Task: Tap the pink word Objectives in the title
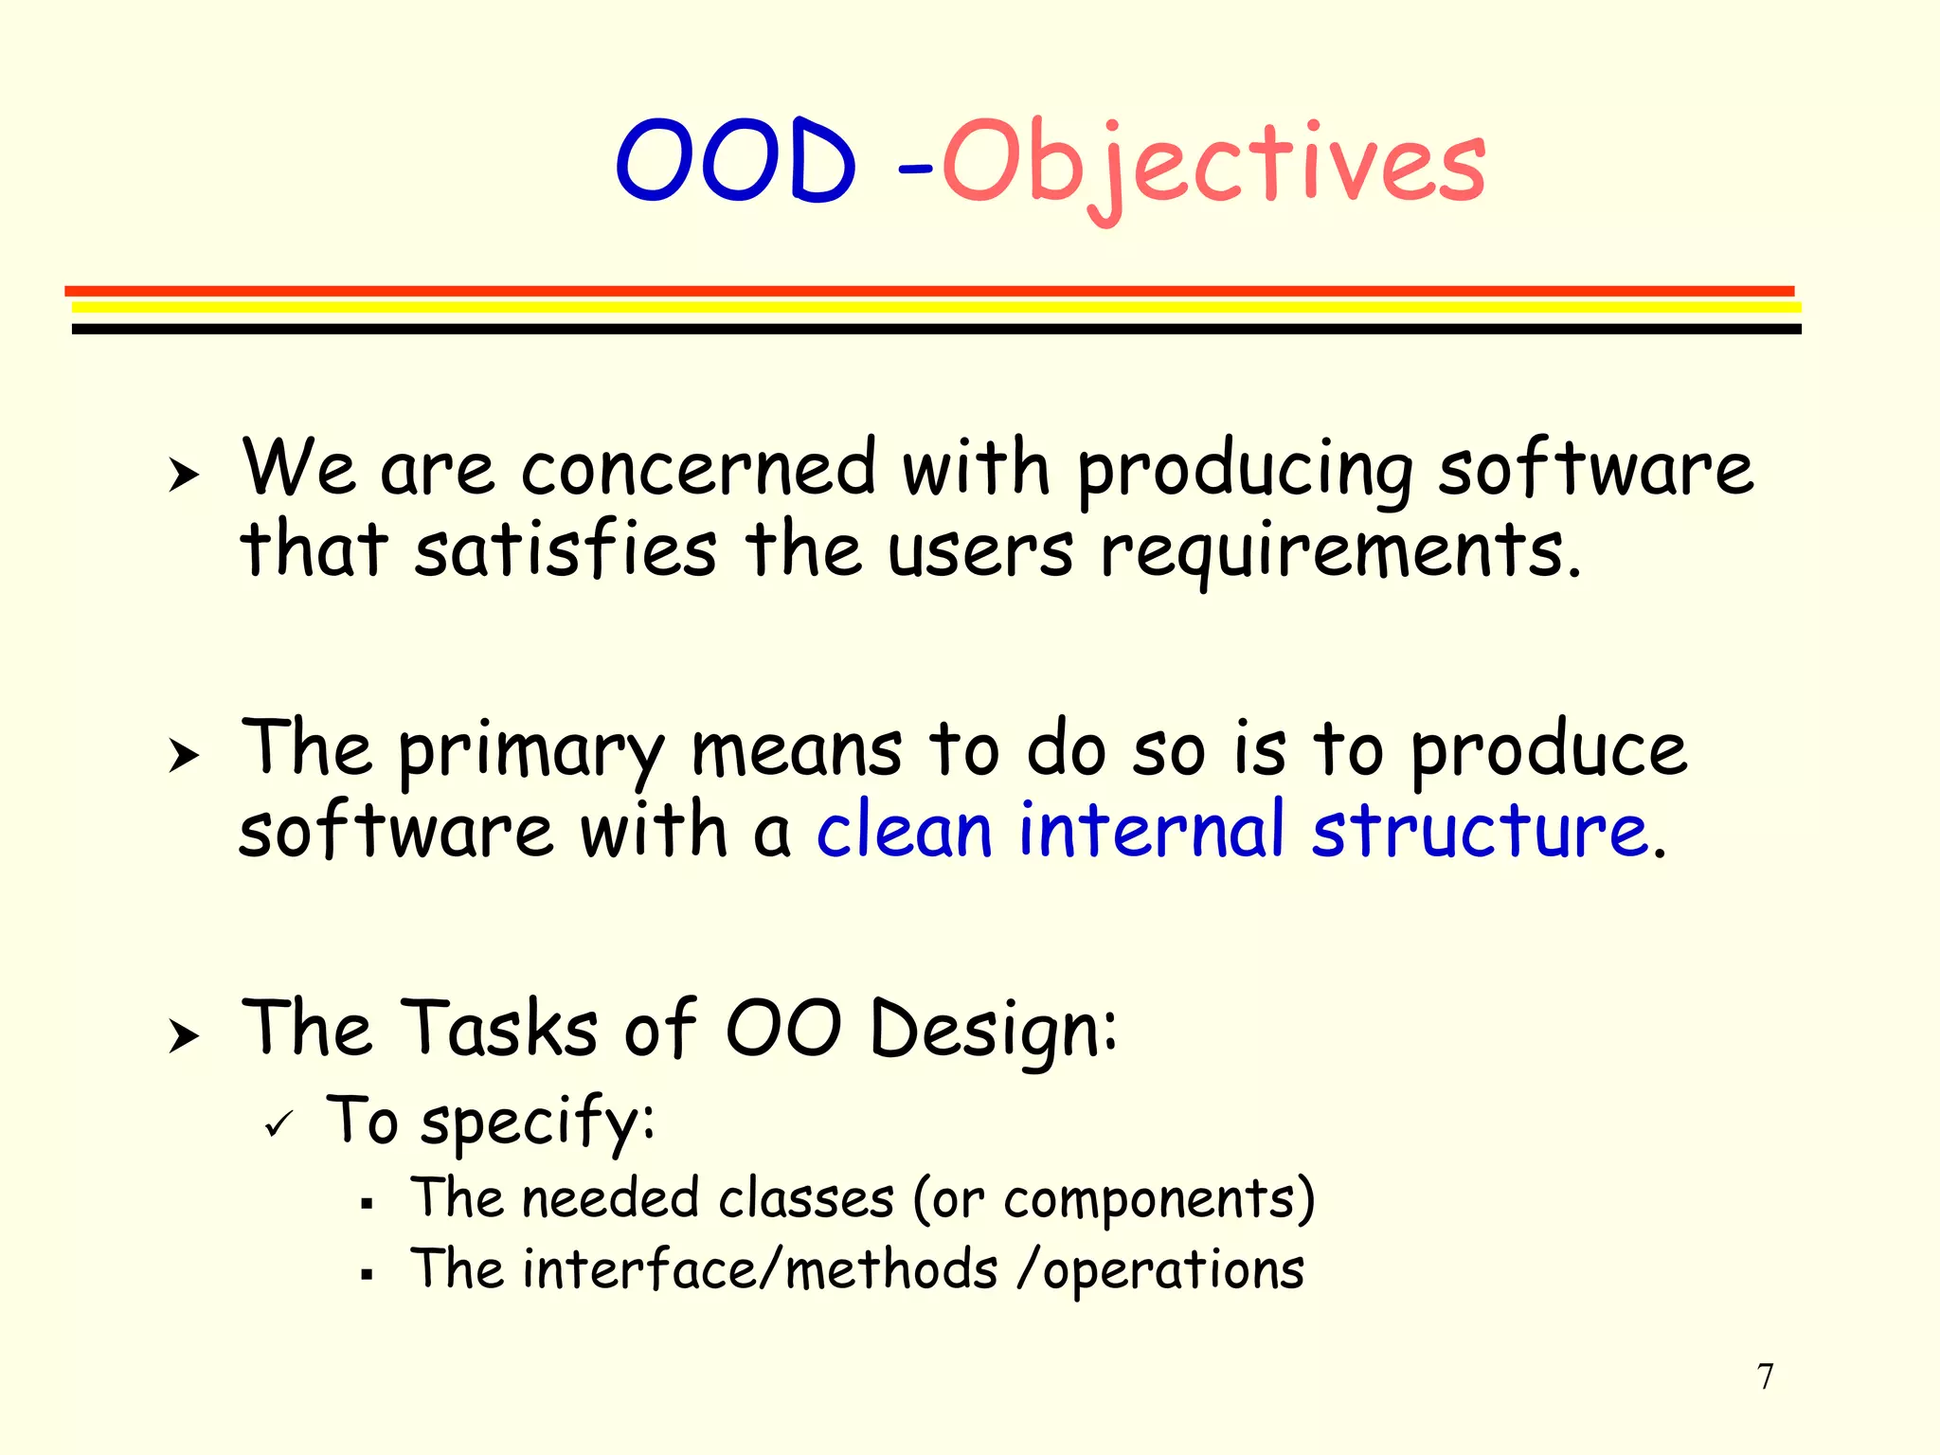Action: point(1212,163)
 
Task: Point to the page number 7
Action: point(1765,1376)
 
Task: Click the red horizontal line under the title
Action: point(928,291)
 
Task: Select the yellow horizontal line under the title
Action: point(936,307)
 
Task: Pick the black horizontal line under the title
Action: point(936,329)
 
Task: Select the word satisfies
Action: point(566,550)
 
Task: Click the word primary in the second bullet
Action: point(530,751)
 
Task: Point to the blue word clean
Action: point(904,831)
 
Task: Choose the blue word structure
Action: point(1480,831)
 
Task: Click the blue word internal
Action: point(1151,831)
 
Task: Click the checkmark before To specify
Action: point(279,1124)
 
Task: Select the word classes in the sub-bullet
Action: point(806,1198)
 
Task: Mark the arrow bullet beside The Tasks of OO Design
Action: point(184,1036)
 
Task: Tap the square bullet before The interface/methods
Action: point(367,1275)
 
